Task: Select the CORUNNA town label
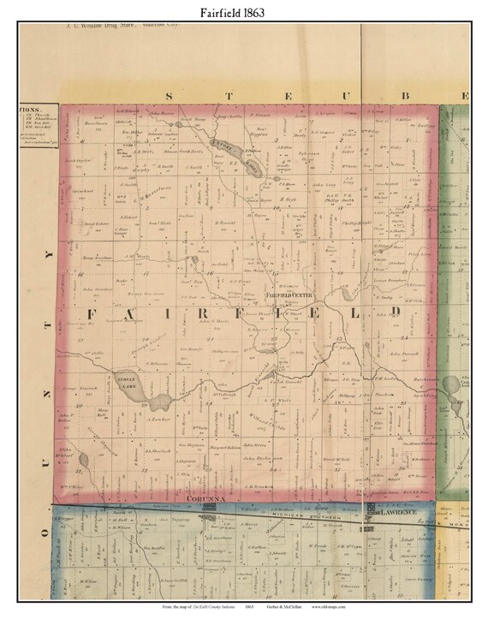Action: (203, 497)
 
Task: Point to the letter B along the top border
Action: (407, 96)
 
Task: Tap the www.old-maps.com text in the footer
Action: (335, 607)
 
